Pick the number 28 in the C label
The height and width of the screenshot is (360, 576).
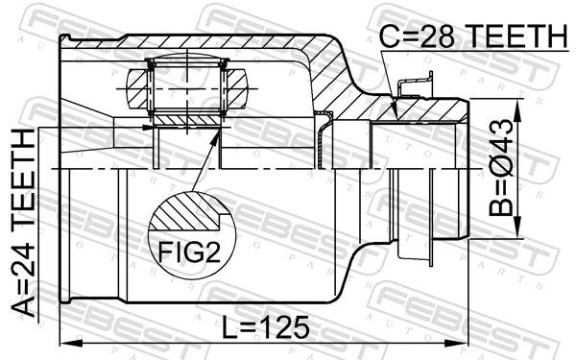(x=413, y=36)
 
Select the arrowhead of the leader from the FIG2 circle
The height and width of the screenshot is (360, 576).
(x=216, y=137)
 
